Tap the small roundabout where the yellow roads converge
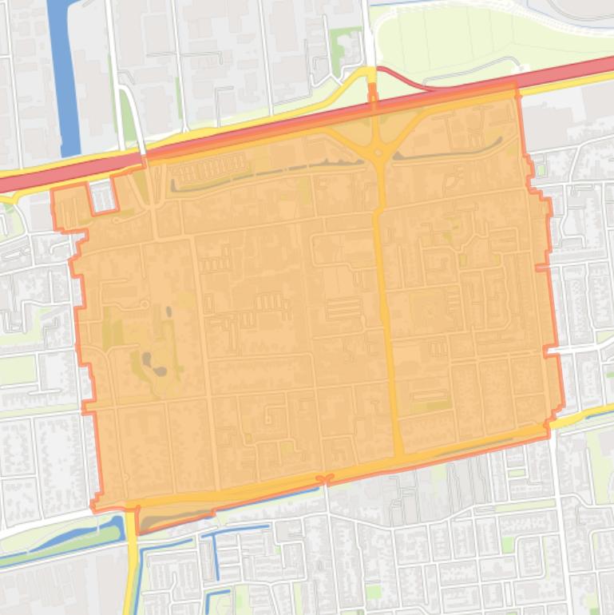click(378, 151)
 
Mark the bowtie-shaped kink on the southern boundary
click(324, 479)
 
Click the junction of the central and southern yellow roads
click(397, 458)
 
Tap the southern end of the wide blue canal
click(69, 149)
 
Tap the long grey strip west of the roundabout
click(263, 170)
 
